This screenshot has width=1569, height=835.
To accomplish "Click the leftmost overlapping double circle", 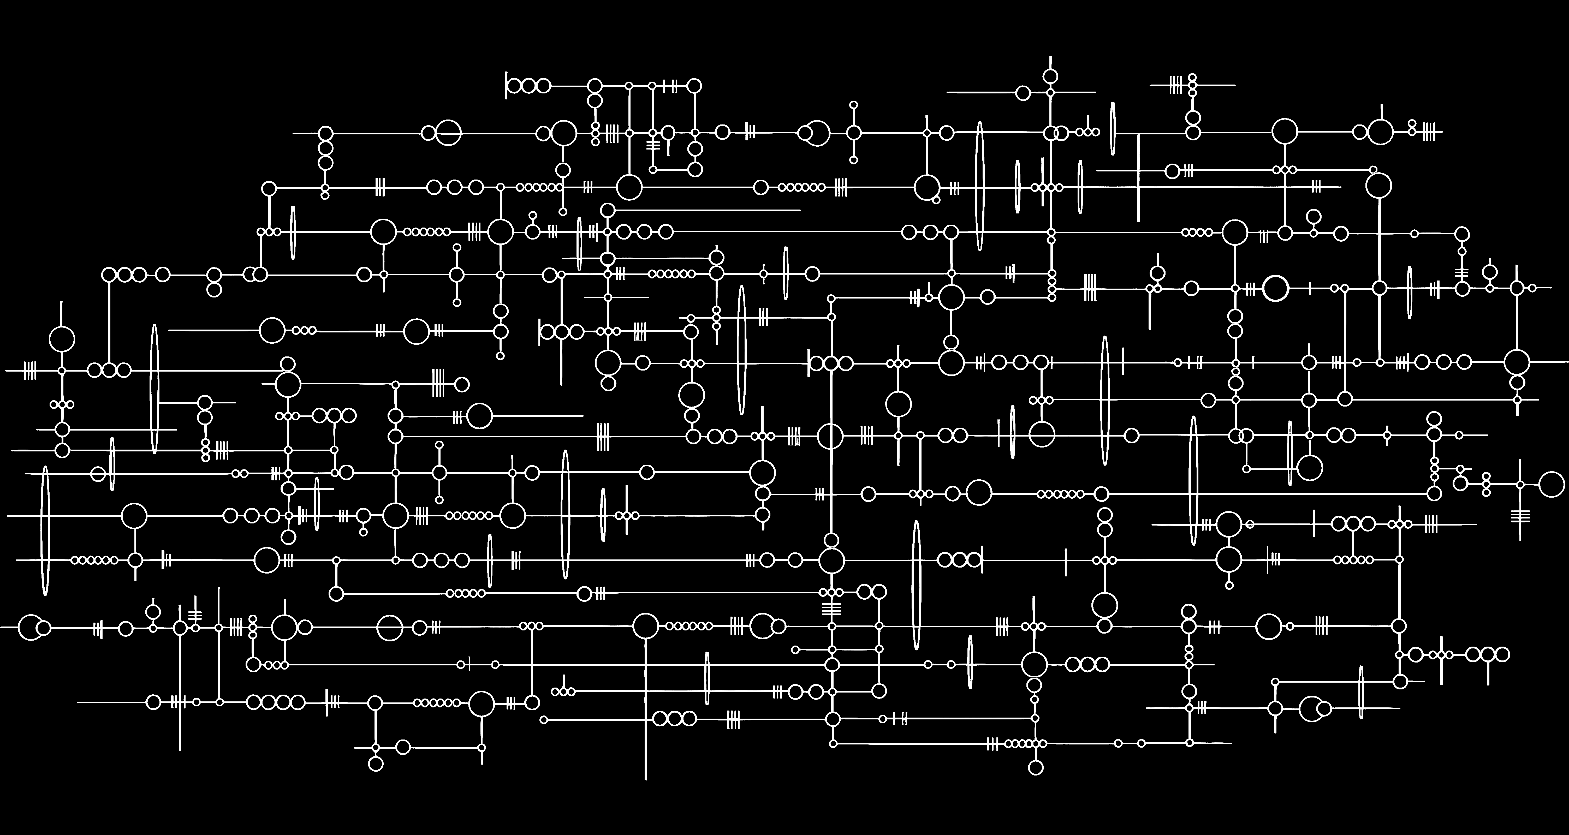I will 34,627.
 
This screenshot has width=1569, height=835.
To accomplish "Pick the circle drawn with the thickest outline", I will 1275,288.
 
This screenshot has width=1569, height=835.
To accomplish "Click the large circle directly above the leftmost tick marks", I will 62,339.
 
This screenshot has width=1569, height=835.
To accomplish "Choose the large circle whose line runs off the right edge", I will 1517,362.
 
